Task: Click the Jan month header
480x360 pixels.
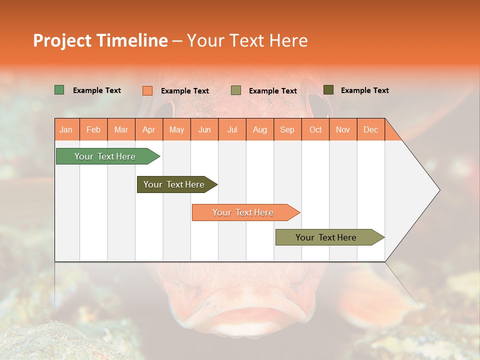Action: click(66, 129)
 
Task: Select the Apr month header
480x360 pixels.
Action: click(148, 129)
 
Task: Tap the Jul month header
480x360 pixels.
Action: click(232, 129)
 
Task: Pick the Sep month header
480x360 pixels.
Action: click(287, 129)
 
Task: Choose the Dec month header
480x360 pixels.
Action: click(370, 129)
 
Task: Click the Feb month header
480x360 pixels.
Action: click(93, 129)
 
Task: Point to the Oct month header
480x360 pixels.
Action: click(315, 129)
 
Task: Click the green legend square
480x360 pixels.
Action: click(59, 90)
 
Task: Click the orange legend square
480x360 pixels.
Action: click(147, 90)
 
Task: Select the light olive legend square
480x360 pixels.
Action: click(236, 90)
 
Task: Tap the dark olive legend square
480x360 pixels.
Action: click(328, 90)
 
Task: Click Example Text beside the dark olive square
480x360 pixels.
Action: click(364, 90)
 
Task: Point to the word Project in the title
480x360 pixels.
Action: click(62, 40)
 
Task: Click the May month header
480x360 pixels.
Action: click(176, 129)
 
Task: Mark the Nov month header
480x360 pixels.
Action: click(342, 129)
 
